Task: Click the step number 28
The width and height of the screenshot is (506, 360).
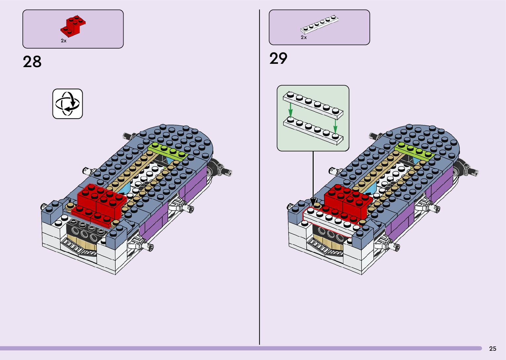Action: click(32, 61)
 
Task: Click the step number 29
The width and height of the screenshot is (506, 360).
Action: click(278, 59)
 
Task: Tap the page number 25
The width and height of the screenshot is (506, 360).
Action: click(492, 349)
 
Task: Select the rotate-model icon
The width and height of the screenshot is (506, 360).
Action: click(68, 103)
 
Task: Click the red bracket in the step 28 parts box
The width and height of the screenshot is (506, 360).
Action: click(74, 26)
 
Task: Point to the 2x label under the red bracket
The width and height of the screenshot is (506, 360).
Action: click(63, 41)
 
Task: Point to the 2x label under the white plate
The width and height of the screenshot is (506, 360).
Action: click(304, 38)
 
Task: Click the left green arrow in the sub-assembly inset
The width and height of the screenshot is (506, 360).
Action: click(290, 109)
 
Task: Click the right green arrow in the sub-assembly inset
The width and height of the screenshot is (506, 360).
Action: click(335, 125)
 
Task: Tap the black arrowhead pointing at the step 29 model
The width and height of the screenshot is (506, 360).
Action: click(313, 201)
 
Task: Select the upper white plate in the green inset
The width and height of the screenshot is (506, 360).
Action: click(313, 105)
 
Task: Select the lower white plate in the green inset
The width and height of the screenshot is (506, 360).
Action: click(313, 131)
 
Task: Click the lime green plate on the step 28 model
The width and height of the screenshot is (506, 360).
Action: click(168, 151)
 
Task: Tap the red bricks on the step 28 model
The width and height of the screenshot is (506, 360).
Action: click(99, 202)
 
